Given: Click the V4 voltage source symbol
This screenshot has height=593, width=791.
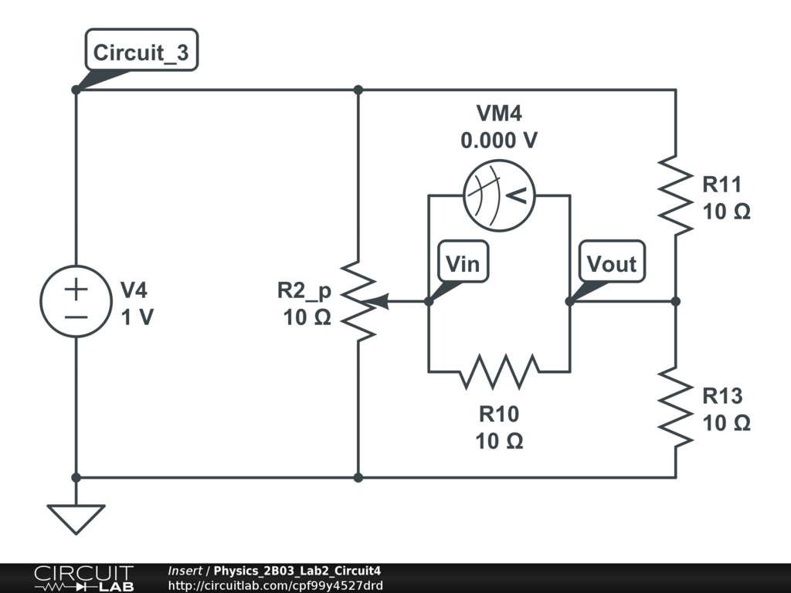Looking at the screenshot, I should click(x=76, y=301).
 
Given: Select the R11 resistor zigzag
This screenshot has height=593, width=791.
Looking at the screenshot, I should click(x=675, y=195).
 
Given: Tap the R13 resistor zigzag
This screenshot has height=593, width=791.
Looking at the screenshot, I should click(x=675, y=408).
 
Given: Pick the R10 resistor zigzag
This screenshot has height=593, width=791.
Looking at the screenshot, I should click(x=499, y=371).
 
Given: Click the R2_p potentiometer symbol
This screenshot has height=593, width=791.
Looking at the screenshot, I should click(x=358, y=301).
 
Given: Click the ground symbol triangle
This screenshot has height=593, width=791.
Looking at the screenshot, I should click(x=76, y=518).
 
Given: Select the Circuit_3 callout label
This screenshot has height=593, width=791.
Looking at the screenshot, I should click(x=141, y=53).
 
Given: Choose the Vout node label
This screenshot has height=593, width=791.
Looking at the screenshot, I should click(x=611, y=264).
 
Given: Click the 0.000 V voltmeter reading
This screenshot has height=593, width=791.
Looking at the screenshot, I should click(x=499, y=141).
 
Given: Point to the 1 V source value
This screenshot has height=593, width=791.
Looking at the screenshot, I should click(x=137, y=317).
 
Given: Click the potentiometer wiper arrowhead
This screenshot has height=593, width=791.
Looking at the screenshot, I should click(x=384, y=301).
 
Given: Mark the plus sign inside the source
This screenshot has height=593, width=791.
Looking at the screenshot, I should click(x=76, y=290).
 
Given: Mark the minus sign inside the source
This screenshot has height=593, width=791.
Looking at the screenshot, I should click(x=76, y=317).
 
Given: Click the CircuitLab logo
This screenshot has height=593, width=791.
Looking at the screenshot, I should click(x=83, y=578).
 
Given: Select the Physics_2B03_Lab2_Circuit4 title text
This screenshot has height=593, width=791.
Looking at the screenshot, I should click(x=297, y=571).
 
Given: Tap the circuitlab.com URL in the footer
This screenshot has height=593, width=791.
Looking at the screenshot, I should click(x=275, y=585).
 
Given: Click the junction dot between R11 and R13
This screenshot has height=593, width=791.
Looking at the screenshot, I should click(x=675, y=301).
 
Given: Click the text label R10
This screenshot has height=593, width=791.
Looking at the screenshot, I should click(x=499, y=415).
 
